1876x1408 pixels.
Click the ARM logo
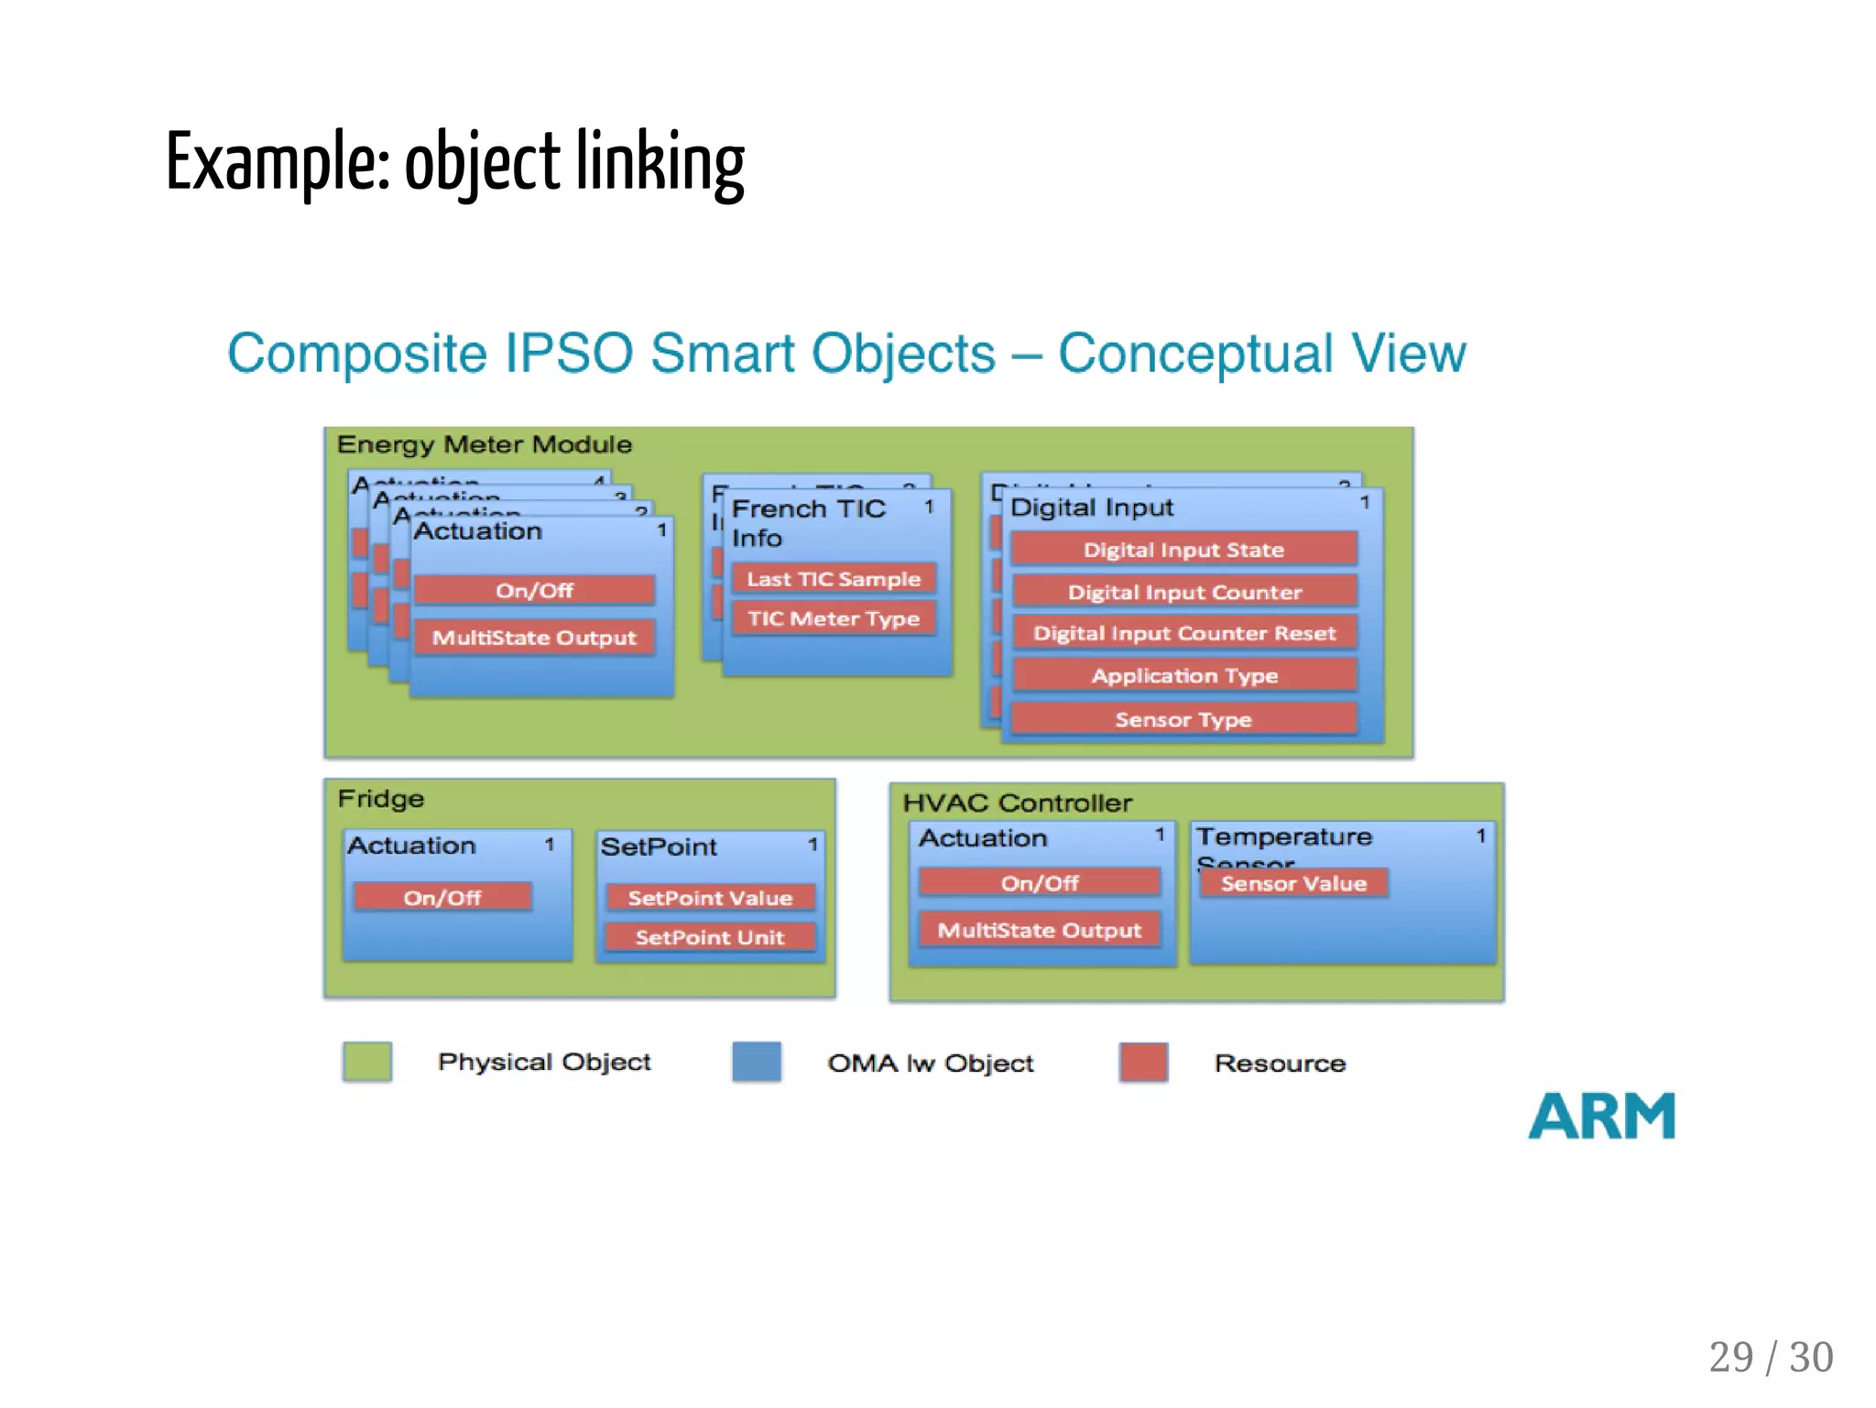point(1601,1116)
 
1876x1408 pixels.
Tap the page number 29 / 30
point(1770,1357)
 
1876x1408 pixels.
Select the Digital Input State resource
point(1183,550)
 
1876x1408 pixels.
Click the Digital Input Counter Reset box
point(1183,633)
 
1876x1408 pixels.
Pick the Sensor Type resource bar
point(1183,719)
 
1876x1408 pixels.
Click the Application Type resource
point(1183,676)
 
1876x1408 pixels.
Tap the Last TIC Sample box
point(833,579)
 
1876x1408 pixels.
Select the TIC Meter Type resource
point(833,618)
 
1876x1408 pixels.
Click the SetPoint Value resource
point(710,898)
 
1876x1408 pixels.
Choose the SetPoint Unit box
point(710,937)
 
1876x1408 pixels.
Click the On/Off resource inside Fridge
point(442,898)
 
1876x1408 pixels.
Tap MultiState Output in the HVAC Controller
point(1040,930)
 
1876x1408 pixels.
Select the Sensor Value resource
point(1293,883)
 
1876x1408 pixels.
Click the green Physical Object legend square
point(367,1063)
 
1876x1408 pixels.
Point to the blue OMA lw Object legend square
point(757,1063)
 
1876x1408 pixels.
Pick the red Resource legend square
point(1143,1063)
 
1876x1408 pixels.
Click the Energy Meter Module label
point(484,444)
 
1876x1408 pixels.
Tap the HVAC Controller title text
point(1017,803)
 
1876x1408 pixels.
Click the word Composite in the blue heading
point(356,354)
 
